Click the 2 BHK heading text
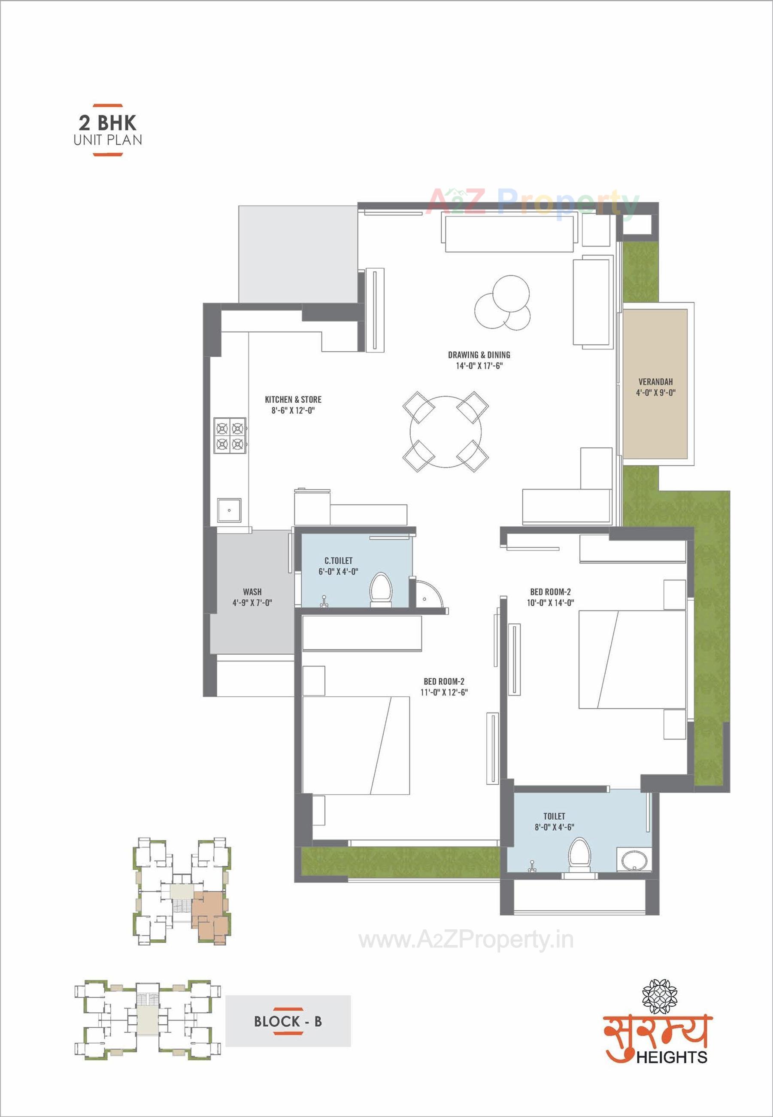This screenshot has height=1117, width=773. click(108, 122)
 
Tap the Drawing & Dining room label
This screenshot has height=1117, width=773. click(479, 355)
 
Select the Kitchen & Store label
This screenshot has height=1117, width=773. click(293, 400)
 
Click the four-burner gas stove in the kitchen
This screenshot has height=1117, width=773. click(230, 435)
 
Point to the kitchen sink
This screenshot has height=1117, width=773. click(229, 510)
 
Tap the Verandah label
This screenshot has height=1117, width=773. click(655, 382)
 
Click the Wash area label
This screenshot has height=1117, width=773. click(252, 592)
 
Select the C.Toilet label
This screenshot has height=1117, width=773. click(338, 561)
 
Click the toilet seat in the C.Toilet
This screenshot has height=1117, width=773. click(380, 589)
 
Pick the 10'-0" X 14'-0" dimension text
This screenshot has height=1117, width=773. click(550, 603)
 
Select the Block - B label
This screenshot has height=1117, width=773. click(288, 1022)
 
